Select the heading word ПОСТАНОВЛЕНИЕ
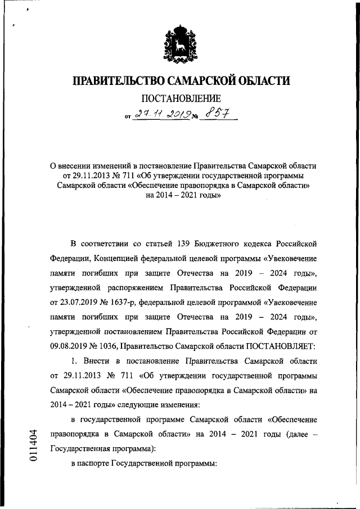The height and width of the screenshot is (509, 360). point(181,100)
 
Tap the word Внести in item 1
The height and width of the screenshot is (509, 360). point(101,361)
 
